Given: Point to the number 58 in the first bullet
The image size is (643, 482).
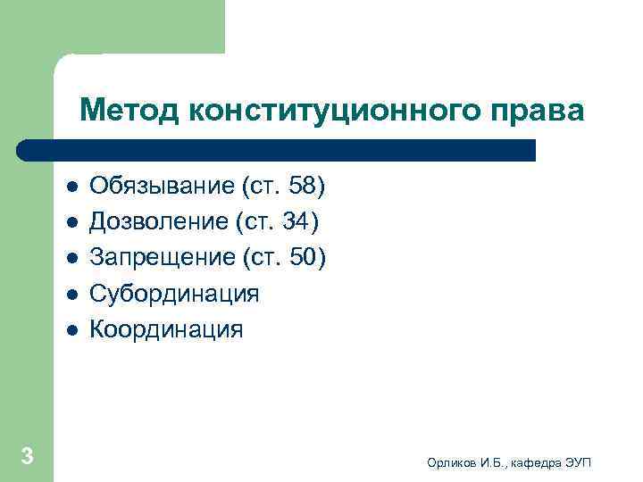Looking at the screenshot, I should (302, 187).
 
